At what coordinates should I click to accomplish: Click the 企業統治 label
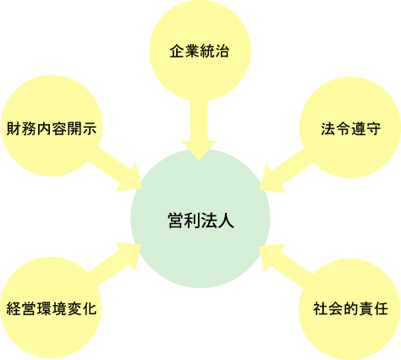click(200, 52)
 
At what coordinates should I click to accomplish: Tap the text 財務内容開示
click(52, 128)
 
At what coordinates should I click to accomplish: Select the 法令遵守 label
click(351, 128)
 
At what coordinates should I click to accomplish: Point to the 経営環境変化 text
click(52, 308)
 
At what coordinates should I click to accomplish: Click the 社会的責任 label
click(350, 308)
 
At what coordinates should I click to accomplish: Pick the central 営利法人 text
click(200, 220)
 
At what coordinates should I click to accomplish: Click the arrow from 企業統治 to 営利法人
click(199, 130)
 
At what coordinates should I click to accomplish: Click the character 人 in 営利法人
click(226, 220)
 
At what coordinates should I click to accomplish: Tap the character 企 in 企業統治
click(177, 52)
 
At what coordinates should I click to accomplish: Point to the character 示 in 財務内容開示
click(90, 128)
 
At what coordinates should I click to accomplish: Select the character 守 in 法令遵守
click(373, 128)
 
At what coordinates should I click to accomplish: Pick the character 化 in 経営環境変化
click(90, 308)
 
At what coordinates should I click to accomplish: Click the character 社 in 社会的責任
click(321, 308)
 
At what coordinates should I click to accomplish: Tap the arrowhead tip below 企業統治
click(199, 161)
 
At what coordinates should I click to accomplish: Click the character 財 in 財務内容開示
click(14, 128)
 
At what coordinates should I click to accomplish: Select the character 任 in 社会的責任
click(381, 308)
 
